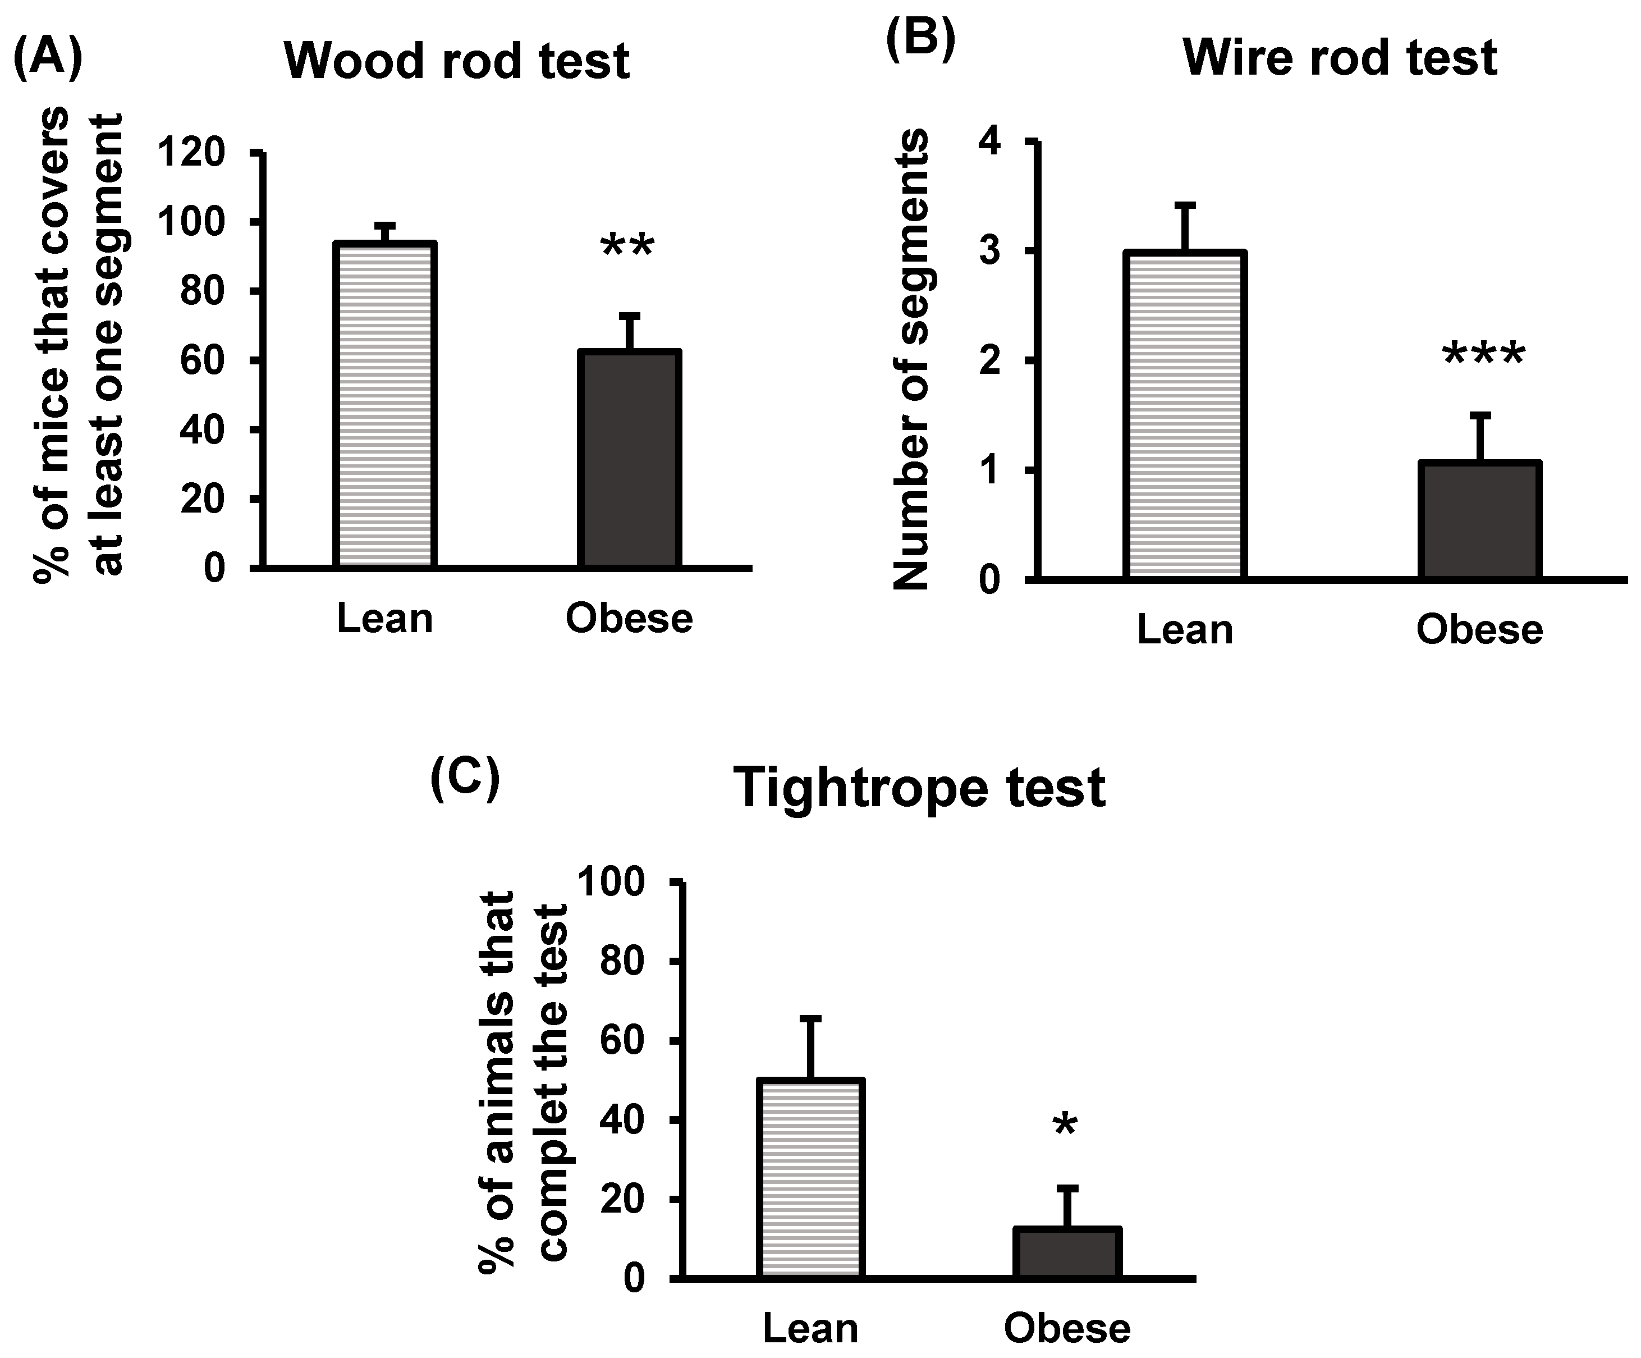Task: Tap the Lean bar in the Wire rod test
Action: (x=1185, y=415)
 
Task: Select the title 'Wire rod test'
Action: (x=1340, y=58)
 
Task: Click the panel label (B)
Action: (x=920, y=40)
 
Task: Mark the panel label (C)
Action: (x=465, y=781)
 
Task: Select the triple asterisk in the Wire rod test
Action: (x=1482, y=356)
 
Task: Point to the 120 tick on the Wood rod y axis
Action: (x=191, y=153)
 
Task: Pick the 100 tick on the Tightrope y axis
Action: (x=622, y=883)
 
